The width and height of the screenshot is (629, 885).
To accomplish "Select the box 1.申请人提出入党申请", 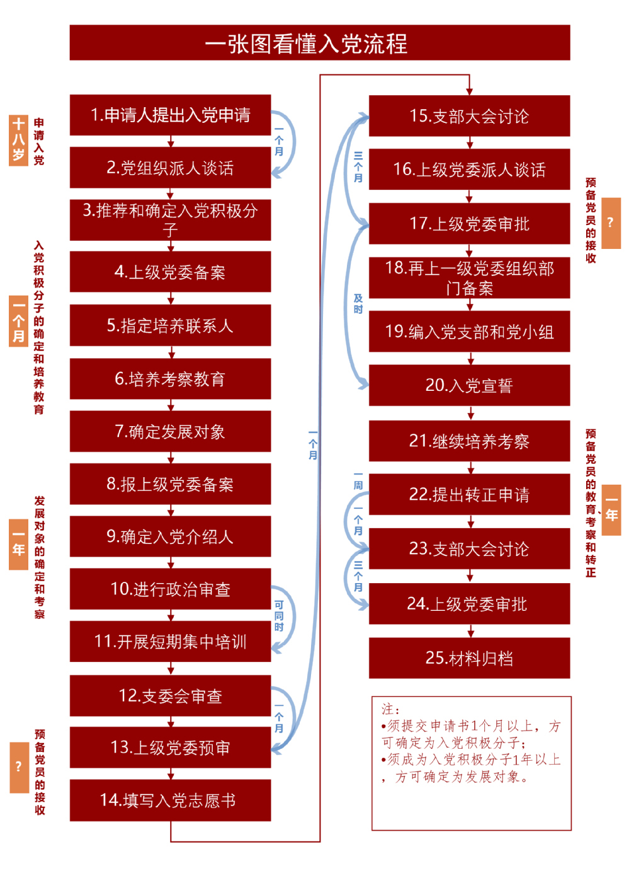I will (170, 115).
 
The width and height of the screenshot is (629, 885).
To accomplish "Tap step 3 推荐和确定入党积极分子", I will (170, 220).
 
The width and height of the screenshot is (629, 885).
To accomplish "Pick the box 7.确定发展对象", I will (170, 431).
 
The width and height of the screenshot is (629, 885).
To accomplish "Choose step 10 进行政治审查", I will (170, 589).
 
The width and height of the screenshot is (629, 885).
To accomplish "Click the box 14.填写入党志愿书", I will (170, 800).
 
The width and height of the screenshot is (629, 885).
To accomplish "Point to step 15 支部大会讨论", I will (469, 116).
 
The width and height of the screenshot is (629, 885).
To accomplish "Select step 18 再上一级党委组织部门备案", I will (469, 278).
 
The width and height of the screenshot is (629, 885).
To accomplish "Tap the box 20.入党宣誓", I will (469, 385).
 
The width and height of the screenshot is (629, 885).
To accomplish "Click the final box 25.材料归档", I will (469, 658).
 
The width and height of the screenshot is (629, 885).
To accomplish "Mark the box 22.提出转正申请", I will (469, 495).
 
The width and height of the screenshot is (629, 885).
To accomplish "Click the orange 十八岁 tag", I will (18, 139).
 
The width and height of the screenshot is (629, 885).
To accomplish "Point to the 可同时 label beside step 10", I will (279, 616).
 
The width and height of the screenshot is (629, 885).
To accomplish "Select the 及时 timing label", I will (358, 304).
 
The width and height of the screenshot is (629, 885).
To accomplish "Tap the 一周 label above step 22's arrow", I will (358, 480).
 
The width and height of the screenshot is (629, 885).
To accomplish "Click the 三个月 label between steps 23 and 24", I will (358, 576).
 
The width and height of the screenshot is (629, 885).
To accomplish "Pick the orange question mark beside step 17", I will (611, 223).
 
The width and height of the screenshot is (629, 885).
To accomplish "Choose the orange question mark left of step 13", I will (19, 767).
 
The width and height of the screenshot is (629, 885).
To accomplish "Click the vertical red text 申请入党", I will (39, 141).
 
